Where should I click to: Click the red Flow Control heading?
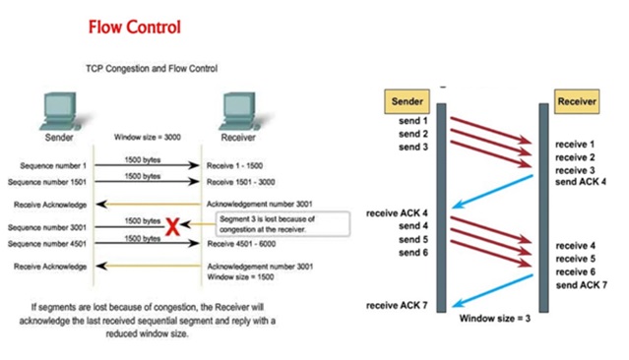click(135, 27)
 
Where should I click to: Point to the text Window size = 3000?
click(148, 138)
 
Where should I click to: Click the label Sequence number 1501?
click(48, 182)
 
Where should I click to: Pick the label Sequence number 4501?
click(48, 242)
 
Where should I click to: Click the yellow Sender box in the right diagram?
click(405, 100)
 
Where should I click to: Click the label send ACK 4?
click(581, 183)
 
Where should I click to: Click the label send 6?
click(411, 252)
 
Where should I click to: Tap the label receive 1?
click(576, 144)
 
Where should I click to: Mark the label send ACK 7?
click(581, 284)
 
